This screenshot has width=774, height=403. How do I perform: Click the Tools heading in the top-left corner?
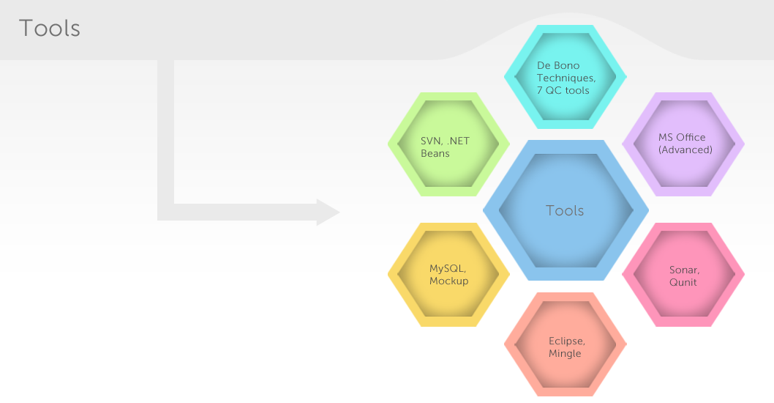tap(49, 28)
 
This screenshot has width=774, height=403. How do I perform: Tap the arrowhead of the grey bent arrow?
tap(328, 212)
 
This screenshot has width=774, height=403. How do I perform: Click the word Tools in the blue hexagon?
tap(565, 210)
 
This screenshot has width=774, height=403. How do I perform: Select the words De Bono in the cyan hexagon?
tap(558, 65)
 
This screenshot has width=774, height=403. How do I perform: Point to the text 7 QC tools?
tap(563, 90)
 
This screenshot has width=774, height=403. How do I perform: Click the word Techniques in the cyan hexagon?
tap(566, 78)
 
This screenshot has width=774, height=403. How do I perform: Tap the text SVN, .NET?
tap(445, 141)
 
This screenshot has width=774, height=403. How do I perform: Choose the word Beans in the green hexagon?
tap(435, 153)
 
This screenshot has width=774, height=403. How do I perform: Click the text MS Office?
tap(682, 138)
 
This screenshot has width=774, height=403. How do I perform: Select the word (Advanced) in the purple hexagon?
tap(685, 149)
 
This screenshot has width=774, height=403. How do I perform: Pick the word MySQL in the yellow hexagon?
tap(447, 268)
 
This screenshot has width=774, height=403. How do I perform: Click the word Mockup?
tap(448, 281)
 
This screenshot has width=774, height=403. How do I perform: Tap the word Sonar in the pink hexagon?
tap(684, 270)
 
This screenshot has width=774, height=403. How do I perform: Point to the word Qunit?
tap(683, 282)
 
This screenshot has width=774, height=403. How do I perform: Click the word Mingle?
tap(565, 354)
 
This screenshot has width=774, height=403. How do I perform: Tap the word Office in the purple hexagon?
tap(691, 138)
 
